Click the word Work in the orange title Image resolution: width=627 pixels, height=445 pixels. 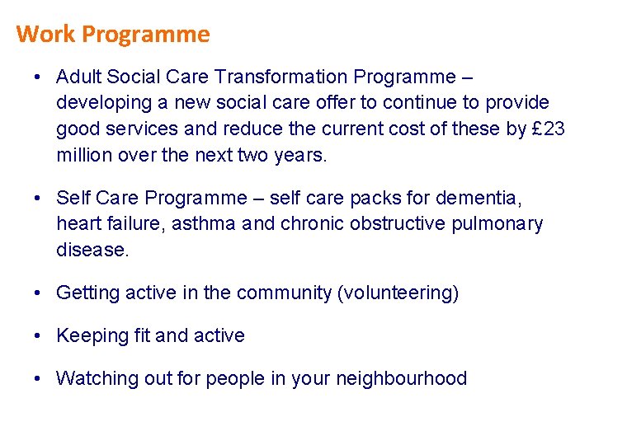(x=46, y=35)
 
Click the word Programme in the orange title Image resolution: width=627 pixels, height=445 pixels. (x=146, y=35)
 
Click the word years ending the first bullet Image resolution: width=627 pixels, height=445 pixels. (x=299, y=154)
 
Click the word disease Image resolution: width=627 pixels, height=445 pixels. (x=92, y=250)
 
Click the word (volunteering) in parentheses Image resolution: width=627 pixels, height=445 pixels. (x=398, y=293)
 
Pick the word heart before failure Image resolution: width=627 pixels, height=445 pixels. (x=77, y=223)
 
